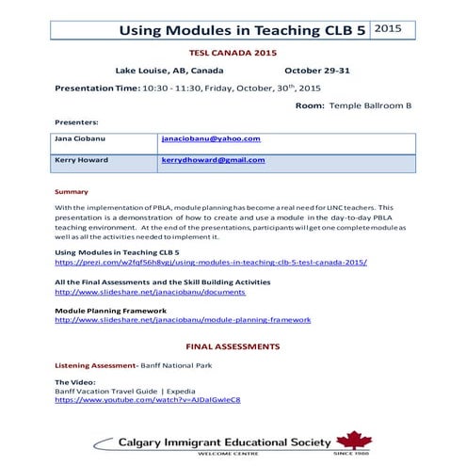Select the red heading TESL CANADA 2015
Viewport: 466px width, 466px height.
[x=233, y=55]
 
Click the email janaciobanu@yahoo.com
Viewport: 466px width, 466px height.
[x=211, y=139]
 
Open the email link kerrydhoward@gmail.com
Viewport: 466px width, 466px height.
[x=214, y=160]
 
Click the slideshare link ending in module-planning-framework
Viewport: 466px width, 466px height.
[x=176, y=319]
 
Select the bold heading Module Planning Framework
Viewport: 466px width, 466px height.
[x=111, y=310]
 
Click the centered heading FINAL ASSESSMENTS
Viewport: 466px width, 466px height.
[x=233, y=346]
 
